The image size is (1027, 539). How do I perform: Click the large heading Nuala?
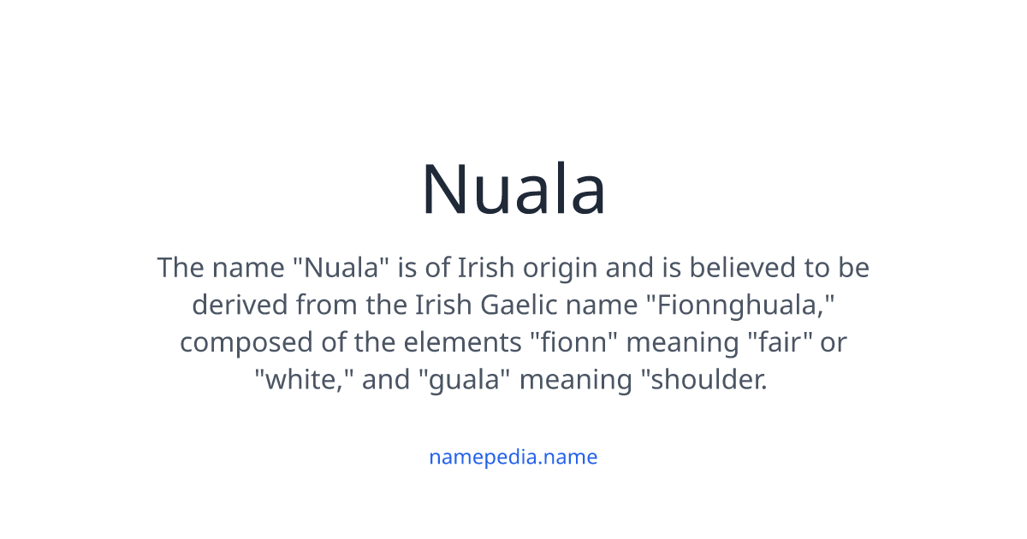click(513, 190)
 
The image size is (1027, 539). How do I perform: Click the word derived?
click(240, 305)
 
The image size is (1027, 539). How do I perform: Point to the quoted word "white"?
click(304, 379)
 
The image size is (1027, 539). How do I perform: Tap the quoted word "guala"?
click(463, 379)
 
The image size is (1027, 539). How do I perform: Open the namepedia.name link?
click(513, 457)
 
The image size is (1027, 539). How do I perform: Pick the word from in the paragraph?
click(327, 305)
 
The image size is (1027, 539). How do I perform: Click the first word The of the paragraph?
click(180, 269)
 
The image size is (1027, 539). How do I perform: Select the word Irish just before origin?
click(486, 269)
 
